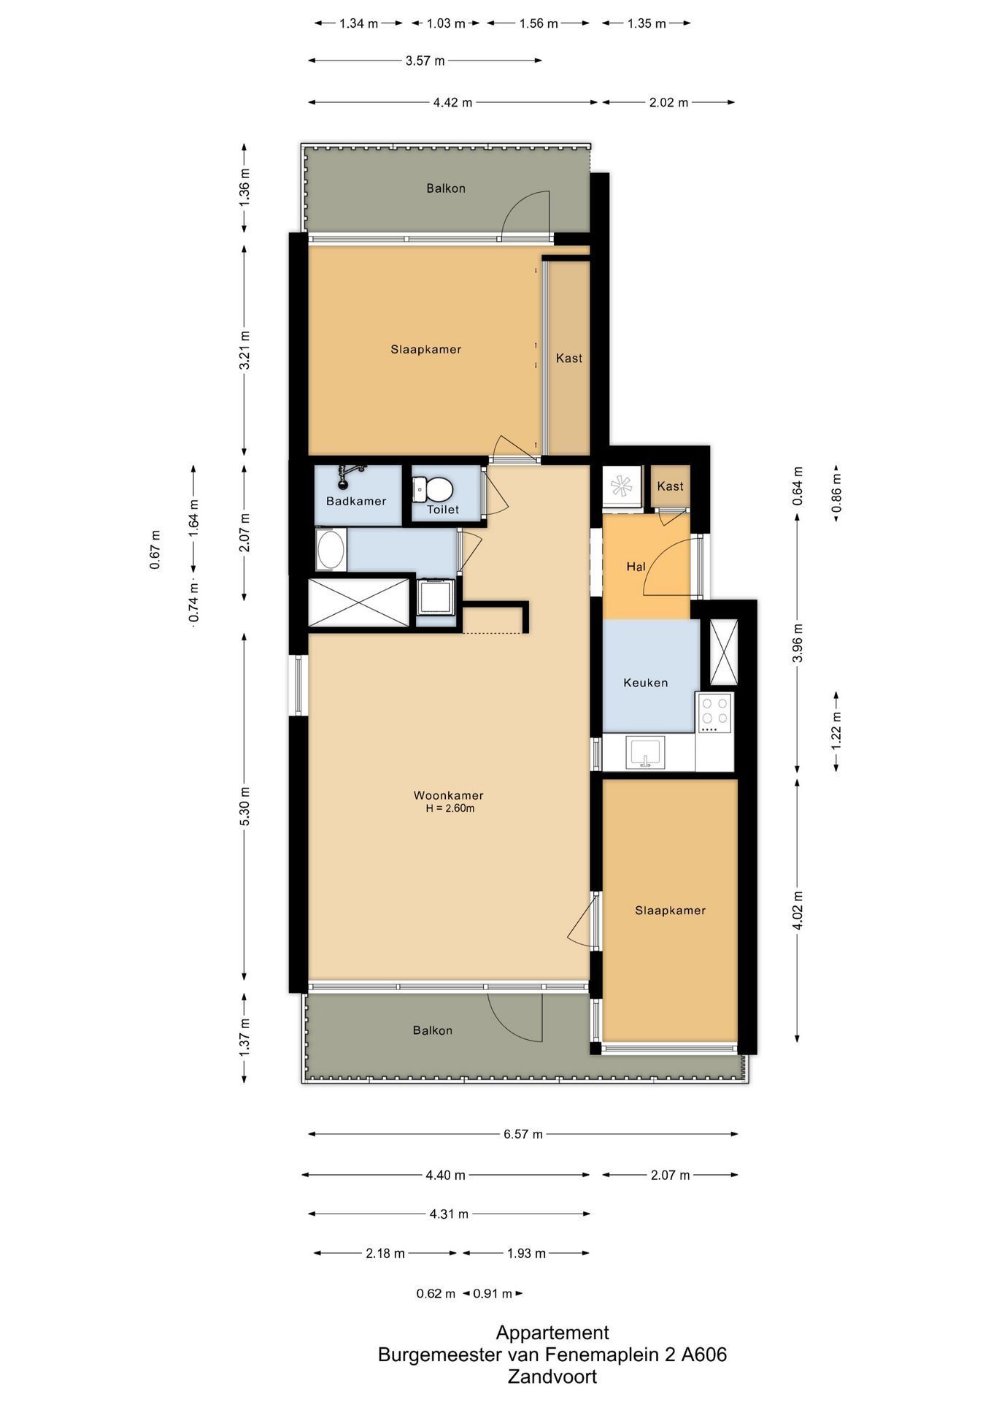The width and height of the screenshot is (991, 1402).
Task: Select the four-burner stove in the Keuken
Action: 714,713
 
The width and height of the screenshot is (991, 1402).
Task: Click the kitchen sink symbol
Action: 645,753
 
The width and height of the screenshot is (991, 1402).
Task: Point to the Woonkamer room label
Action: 448,795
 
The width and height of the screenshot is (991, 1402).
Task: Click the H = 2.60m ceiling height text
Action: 450,808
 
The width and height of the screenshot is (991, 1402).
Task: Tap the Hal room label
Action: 636,566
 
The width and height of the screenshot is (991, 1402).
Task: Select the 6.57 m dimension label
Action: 523,1134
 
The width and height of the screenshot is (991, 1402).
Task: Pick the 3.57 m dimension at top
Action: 425,61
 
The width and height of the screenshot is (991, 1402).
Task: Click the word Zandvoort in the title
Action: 552,1377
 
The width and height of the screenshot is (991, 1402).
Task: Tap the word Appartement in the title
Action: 552,1333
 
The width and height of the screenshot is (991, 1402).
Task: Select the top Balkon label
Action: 446,188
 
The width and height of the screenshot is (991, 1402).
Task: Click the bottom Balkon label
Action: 433,1030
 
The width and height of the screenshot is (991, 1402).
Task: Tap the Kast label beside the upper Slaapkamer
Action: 569,358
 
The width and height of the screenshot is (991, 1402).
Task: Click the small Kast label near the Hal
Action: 671,486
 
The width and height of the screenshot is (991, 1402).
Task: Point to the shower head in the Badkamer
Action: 346,474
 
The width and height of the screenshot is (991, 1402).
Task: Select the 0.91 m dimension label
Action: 493,1294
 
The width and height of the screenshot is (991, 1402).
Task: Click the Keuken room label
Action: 646,683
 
